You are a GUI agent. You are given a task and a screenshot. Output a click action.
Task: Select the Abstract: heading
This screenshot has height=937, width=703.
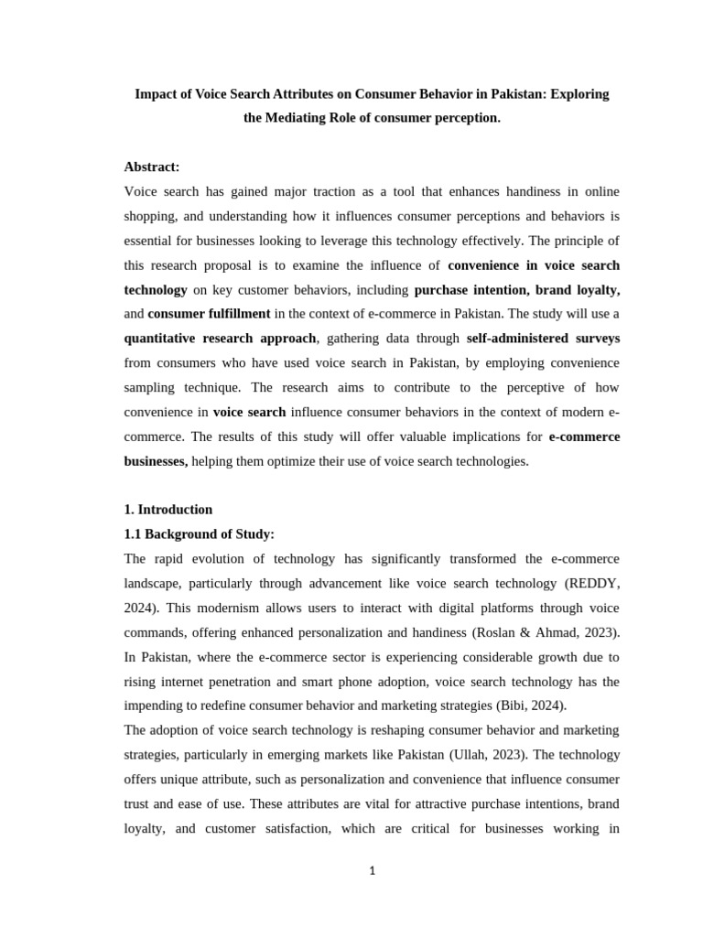(x=152, y=167)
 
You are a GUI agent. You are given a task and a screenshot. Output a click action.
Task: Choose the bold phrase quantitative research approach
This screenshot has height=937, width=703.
(x=220, y=339)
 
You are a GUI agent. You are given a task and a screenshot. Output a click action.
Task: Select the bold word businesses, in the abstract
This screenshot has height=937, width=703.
(x=156, y=461)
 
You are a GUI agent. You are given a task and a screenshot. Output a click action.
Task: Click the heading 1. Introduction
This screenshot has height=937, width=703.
(x=168, y=510)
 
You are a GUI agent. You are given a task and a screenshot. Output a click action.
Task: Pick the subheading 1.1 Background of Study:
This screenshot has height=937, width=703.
(x=200, y=534)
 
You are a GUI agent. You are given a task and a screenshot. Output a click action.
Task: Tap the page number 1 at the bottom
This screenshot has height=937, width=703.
(x=373, y=871)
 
